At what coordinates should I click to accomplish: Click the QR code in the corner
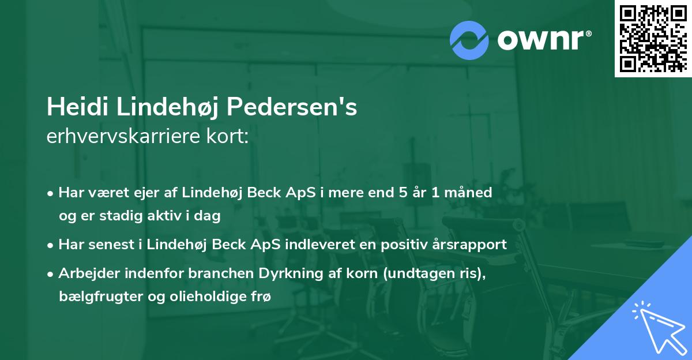click(653, 38)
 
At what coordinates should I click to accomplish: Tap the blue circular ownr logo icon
click(469, 40)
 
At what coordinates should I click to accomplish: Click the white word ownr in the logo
click(540, 40)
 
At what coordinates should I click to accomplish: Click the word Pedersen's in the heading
click(292, 107)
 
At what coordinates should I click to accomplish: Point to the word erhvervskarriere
click(123, 136)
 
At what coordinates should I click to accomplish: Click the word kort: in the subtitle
click(227, 136)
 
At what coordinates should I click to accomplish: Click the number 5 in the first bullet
click(403, 193)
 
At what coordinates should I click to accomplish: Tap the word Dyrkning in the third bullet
click(291, 273)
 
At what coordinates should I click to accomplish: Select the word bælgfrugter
click(101, 297)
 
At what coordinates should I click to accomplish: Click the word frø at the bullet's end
click(261, 297)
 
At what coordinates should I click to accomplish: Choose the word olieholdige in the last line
click(208, 297)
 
